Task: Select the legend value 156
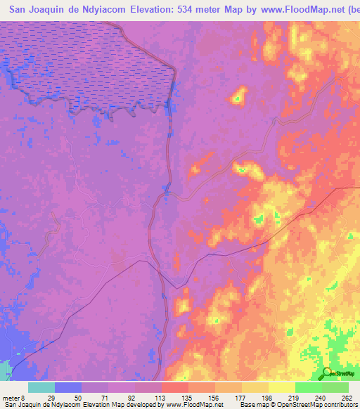click(x=214, y=397)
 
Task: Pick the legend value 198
click(x=268, y=397)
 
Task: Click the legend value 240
click(x=321, y=397)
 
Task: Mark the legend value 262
click(x=347, y=397)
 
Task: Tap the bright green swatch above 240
click(x=308, y=387)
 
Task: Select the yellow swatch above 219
click(x=281, y=387)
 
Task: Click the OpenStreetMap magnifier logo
click(x=327, y=373)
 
